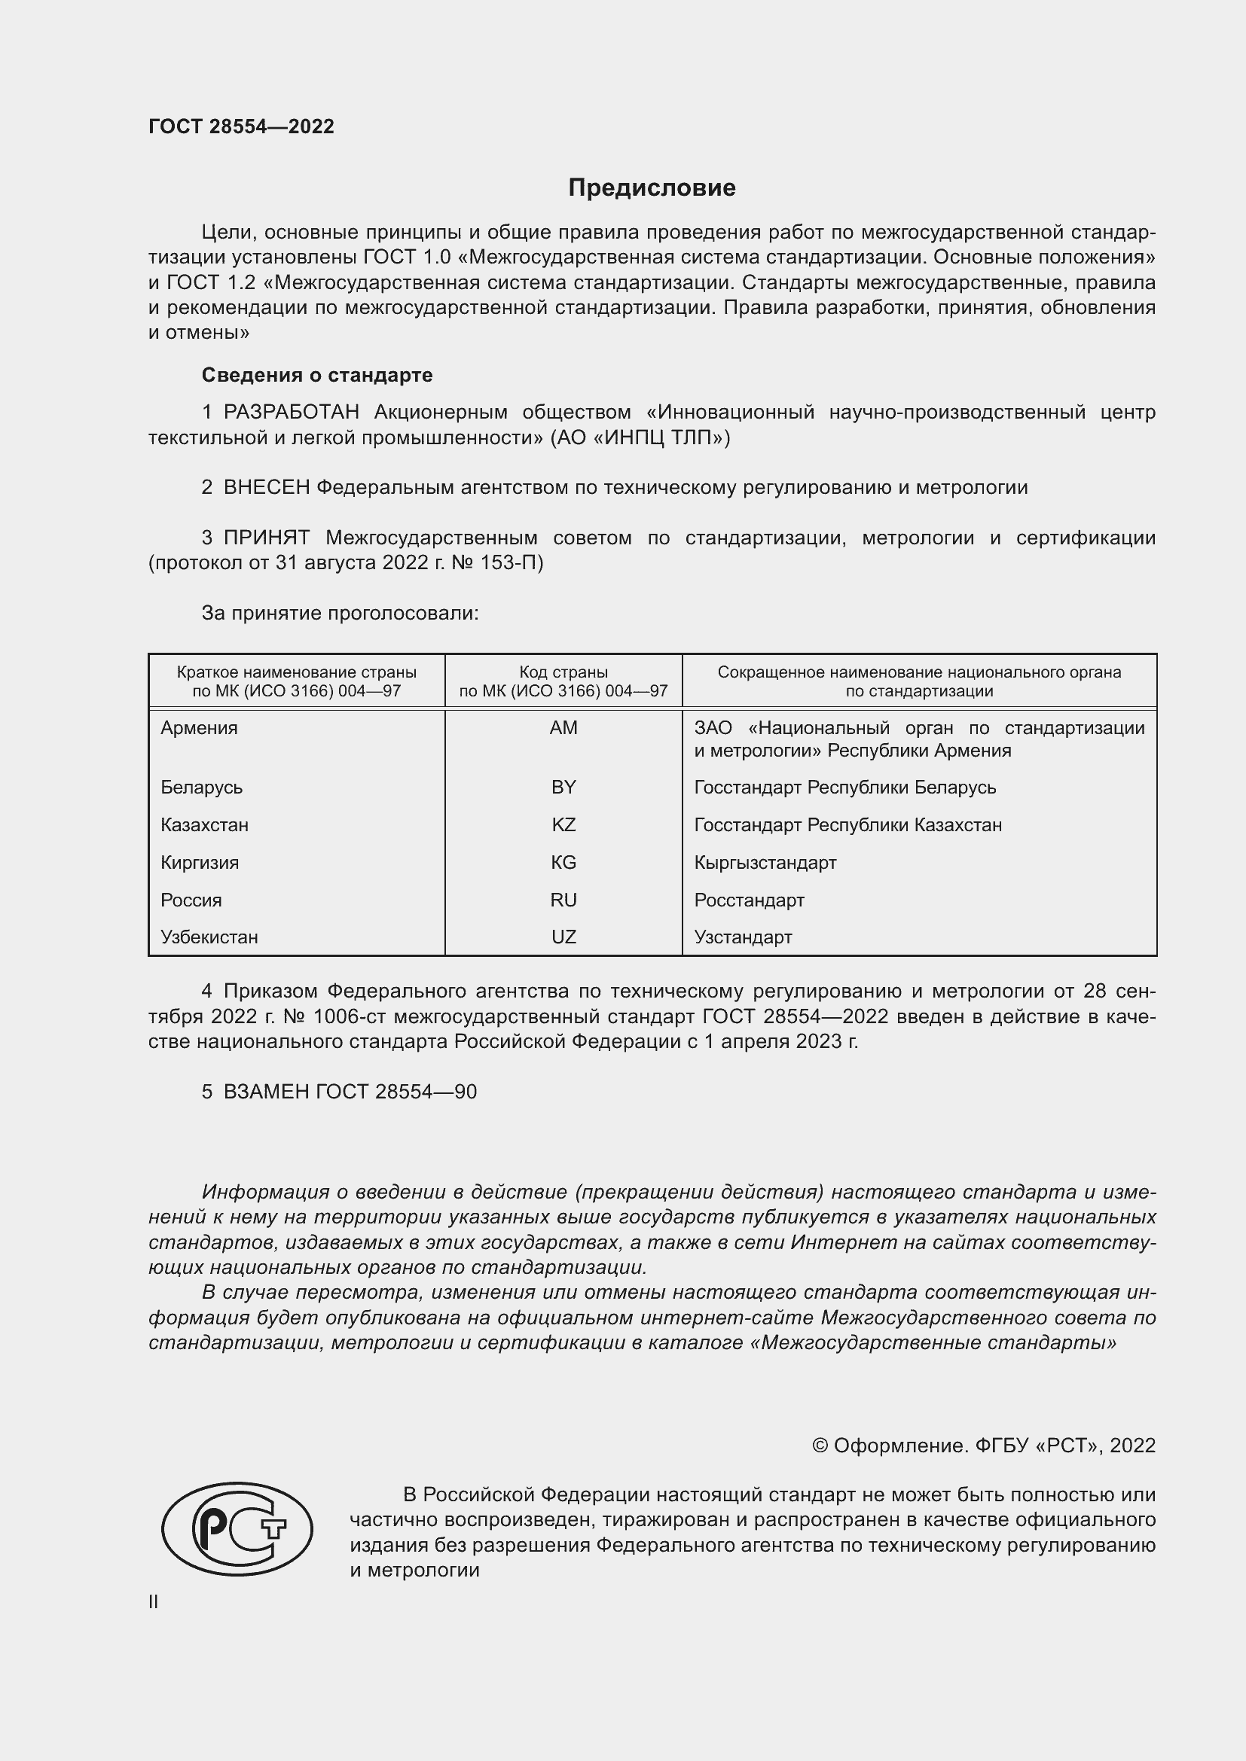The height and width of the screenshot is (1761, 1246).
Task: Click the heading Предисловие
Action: (652, 188)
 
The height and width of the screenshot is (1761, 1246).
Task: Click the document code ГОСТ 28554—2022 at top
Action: (241, 126)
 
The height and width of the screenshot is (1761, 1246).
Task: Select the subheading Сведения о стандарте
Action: (317, 375)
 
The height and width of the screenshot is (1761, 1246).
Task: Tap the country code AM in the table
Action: (563, 728)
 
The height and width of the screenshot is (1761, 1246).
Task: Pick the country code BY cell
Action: (563, 788)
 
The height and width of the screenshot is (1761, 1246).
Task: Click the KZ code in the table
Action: (563, 825)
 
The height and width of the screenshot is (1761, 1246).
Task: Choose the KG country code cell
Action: (563, 863)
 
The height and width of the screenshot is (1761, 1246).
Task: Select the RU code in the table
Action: (563, 900)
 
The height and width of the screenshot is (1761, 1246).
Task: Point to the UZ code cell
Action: (563, 937)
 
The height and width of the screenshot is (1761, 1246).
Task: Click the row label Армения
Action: (199, 728)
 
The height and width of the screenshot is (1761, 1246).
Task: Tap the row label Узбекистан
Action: (209, 937)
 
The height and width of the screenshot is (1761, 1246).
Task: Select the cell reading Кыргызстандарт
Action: (765, 863)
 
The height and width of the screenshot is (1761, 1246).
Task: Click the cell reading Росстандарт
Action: (749, 900)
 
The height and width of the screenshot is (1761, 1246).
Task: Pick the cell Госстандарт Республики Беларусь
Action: (844, 788)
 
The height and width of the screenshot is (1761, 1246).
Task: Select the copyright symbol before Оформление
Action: (820, 1446)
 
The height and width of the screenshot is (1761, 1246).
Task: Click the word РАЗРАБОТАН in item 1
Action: (291, 413)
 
